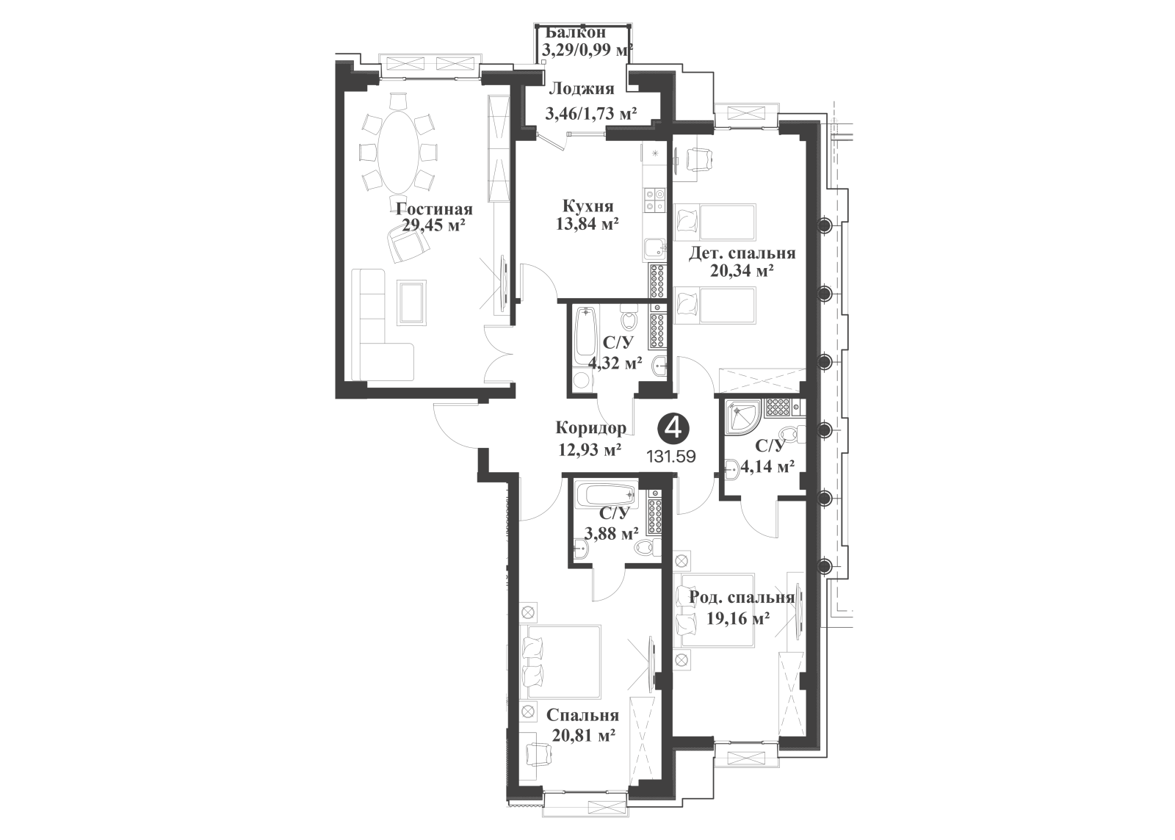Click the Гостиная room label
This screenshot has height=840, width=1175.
tap(434, 209)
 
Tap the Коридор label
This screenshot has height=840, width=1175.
tap(591, 428)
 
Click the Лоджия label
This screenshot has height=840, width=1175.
tap(581, 89)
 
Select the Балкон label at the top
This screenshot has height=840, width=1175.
tap(576, 32)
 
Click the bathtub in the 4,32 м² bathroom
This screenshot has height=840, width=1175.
tap(584, 340)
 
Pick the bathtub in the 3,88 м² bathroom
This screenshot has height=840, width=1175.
tap(607, 494)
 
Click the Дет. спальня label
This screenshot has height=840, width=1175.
tap(742, 253)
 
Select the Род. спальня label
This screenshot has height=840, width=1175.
tap(741, 598)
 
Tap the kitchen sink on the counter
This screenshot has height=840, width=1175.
tap(654, 248)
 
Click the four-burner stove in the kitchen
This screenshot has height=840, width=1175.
tap(654, 199)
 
